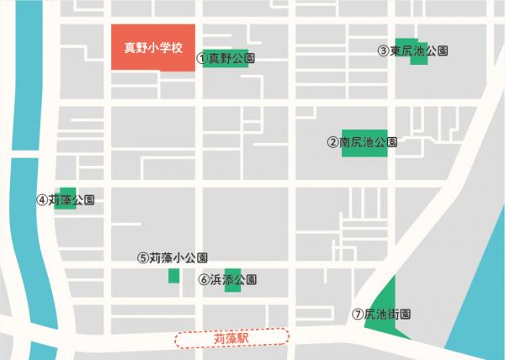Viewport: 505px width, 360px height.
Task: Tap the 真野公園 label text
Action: point(231,59)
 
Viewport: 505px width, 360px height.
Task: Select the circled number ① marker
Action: point(201,59)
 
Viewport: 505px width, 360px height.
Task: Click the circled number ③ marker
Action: point(383,51)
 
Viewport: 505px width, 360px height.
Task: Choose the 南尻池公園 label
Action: point(368,142)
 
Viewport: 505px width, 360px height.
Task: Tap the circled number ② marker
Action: point(332,142)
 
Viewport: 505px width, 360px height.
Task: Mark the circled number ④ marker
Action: point(41,201)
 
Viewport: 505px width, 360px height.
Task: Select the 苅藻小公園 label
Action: point(178,258)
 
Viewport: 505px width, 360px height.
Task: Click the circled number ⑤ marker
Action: point(143,258)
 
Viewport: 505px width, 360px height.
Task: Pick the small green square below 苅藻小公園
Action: point(174,276)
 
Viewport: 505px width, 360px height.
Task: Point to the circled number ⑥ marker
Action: point(203,279)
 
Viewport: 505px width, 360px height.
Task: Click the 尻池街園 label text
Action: point(386,315)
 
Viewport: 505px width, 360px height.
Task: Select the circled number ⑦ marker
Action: point(357,315)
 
